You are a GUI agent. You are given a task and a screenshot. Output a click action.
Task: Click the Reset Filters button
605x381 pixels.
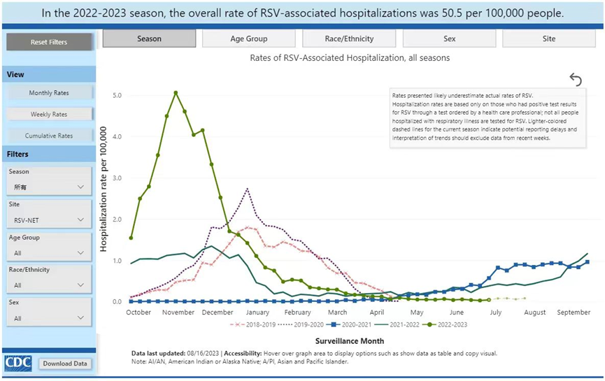tap(49, 42)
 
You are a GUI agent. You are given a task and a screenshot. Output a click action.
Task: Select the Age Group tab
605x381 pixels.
tap(248, 39)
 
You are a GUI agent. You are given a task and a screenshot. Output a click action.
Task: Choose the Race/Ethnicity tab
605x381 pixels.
tap(349, 39)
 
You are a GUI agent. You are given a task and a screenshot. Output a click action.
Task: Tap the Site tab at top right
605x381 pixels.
tap(549, 39)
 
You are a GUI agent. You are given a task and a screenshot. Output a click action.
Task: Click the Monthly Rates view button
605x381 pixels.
tap(49, 93)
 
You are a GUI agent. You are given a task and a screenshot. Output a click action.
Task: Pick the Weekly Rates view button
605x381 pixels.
tap(49, 114)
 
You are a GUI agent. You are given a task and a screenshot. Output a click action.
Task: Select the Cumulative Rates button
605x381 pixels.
tap(49, 136)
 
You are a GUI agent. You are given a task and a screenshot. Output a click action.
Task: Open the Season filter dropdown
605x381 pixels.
tap(49, 187)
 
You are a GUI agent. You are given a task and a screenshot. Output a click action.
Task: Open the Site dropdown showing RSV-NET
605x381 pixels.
tap(49, 220)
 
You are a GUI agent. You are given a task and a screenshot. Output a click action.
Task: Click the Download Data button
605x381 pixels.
tap(65, 364)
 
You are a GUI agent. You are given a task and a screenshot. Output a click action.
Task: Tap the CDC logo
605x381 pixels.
tap(17, 364)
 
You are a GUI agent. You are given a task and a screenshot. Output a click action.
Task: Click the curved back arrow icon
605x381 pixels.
tap(575, 80)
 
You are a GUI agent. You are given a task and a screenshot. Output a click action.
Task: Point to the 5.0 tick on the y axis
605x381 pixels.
tap(118, 95)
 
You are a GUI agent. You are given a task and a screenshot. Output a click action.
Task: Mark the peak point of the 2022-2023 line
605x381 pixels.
tap(176, 92)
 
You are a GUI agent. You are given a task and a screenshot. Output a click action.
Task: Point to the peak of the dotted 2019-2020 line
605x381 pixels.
tap(248, 189)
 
